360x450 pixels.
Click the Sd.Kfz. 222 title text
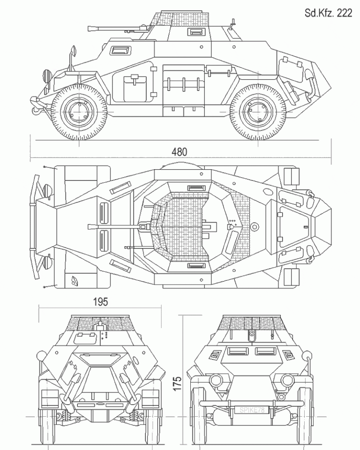coord(328,13)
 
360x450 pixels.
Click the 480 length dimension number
coord(179,152)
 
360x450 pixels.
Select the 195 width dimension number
coord(100,302)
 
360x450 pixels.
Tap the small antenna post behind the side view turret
coord(232,22)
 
